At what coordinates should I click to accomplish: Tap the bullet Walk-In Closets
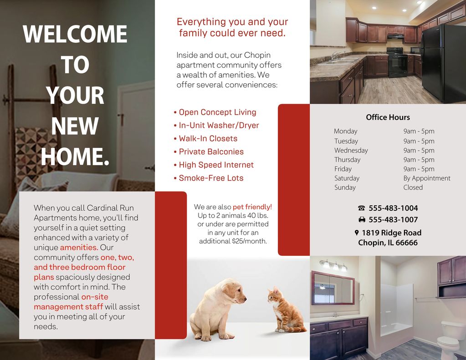click(208, 138)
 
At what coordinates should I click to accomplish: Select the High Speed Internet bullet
click(216, 165)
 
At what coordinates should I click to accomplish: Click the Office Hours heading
click(388, 117)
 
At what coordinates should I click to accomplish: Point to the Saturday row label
click(347, 178)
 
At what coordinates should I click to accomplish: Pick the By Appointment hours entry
click(426, 178)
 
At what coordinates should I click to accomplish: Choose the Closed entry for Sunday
click(413, 187)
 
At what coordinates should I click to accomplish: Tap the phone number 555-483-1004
click(393, 208)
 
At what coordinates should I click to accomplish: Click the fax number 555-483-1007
click(393, 219)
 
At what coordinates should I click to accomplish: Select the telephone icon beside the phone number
click(362, 208)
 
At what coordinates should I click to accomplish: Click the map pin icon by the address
click(357, 233)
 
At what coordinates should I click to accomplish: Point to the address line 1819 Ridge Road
click(391, 233)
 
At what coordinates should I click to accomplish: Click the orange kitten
click(285, 310)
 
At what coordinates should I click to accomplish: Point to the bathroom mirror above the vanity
click(333, 288)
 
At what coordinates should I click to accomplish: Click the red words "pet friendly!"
click(252, 207)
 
